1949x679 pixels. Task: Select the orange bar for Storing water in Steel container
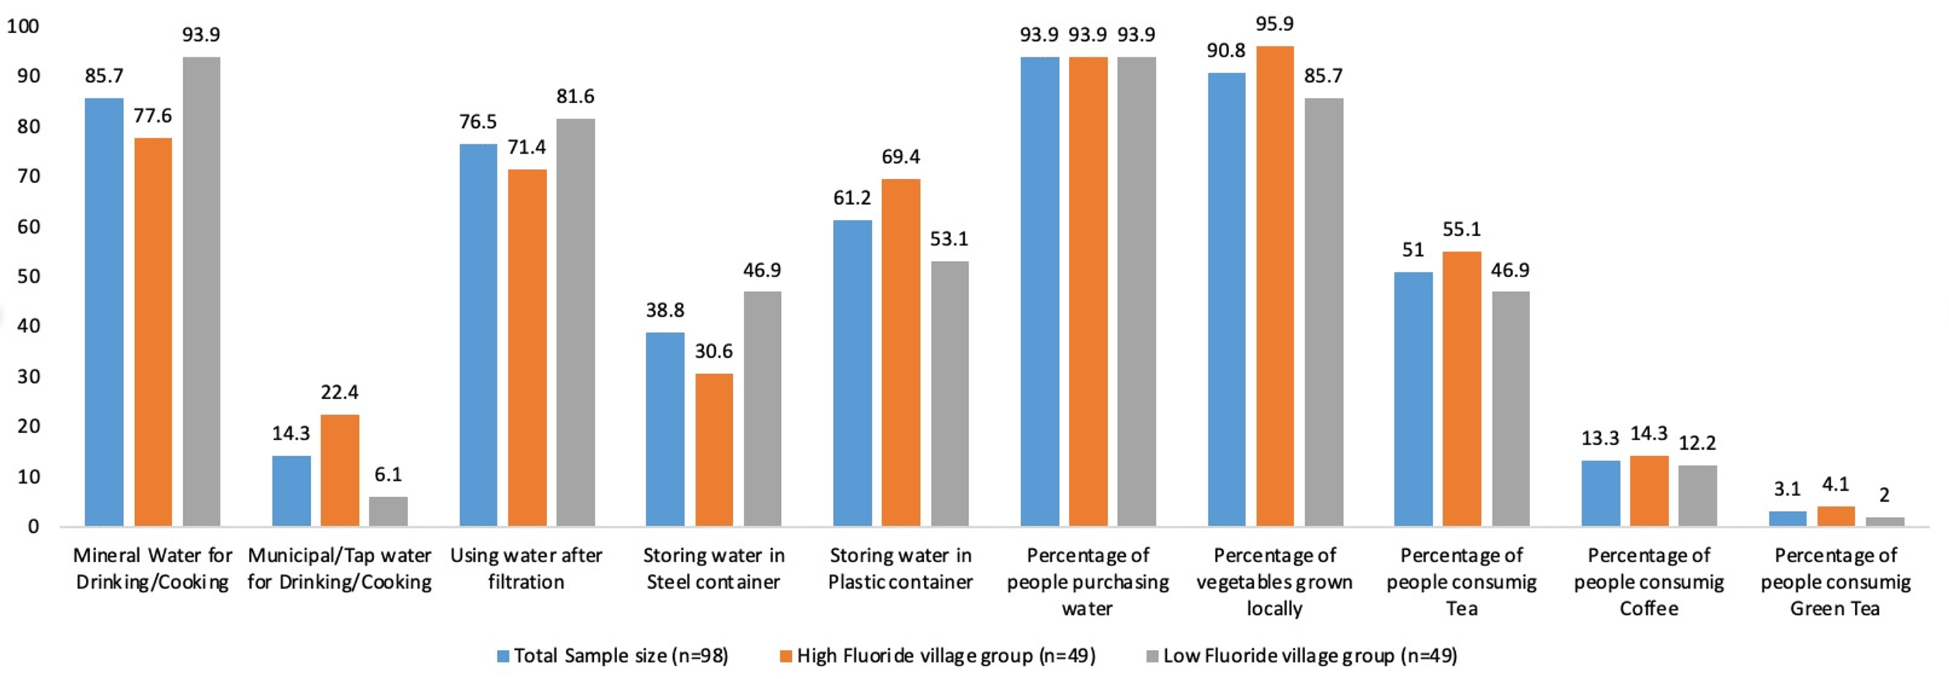coord(713,450)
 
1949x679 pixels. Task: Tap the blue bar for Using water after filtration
coord(478,335)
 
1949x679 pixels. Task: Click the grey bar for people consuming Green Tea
coord(1884,521)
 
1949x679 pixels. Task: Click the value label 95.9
coord(1275,24)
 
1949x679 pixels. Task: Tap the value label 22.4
coord(339,393)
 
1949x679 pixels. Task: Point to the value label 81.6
coord(575,97)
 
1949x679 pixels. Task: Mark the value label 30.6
coord(713,352)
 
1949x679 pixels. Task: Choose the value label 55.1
coord(1461,230)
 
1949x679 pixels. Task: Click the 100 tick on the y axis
coord(23,27)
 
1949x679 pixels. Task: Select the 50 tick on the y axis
coord(28,277)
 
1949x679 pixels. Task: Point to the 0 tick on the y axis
coord(33,527)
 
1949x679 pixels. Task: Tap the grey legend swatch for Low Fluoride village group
coord(1153,656)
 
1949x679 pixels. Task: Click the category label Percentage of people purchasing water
coord(1088,582)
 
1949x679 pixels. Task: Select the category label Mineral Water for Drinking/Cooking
coord(153,569)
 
